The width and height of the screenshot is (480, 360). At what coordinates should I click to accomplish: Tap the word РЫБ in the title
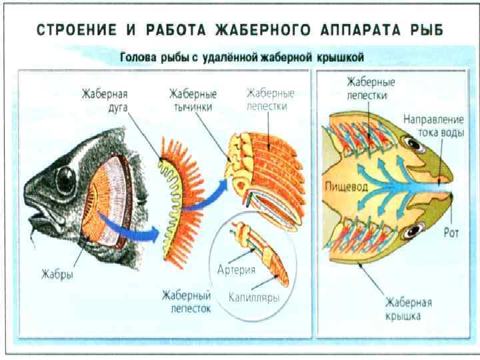pyautogui.click(x=423, y=31)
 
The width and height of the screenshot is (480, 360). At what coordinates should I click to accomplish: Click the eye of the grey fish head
pyautogui.click(x=65, y=176)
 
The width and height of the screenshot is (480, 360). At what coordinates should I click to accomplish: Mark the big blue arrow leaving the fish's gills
pyautogui.click(x=127, y=227)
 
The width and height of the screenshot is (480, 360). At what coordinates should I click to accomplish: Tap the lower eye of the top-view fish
pyautogui.click(x=412, y=233)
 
